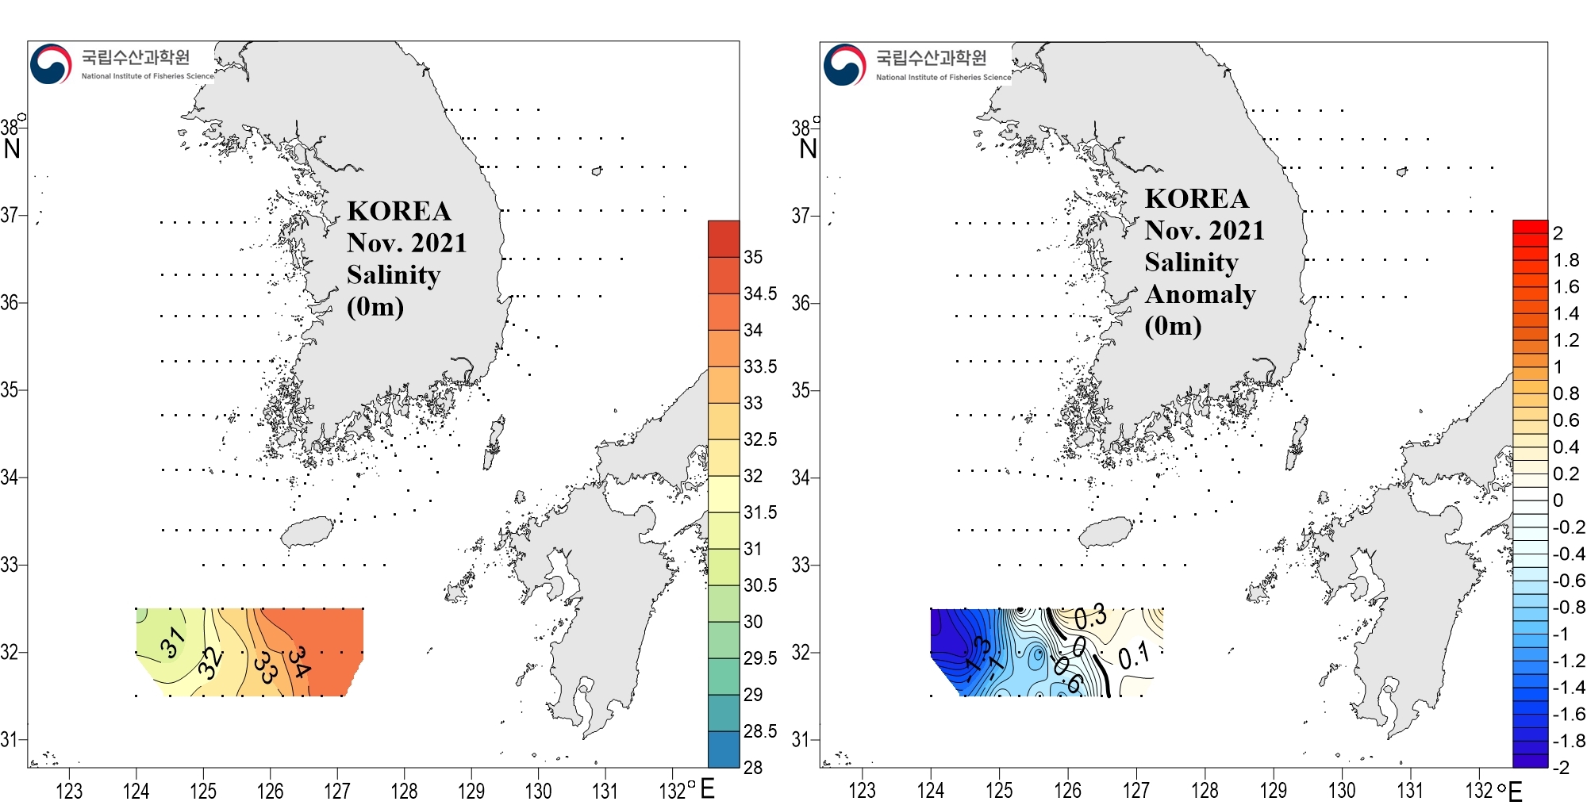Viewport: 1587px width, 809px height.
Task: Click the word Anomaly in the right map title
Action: [1200, 294]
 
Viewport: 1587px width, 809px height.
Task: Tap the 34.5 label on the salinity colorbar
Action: [760, 293]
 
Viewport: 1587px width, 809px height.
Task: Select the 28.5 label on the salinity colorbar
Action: [759, 731]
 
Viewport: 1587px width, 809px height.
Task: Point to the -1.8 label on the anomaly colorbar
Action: [1569, 741]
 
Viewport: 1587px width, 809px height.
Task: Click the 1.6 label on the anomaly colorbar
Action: [1566, 286]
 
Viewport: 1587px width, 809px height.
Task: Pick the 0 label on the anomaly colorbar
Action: [1558, 500]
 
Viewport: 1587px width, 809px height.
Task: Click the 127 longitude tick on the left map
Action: [337, 791]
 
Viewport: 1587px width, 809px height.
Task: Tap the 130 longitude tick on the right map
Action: [1342, 791]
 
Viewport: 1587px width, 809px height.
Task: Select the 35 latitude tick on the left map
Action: [10, 390]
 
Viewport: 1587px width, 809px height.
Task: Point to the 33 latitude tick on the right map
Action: [801, 566]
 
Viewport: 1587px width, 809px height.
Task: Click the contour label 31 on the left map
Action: [172, 642]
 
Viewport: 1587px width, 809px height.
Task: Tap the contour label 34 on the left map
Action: [299, 661]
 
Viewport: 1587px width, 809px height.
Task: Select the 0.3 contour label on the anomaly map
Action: [1090, 617]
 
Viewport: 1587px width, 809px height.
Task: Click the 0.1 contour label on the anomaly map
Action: [1133, 656]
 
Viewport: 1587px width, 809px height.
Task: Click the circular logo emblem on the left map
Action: [51, 64]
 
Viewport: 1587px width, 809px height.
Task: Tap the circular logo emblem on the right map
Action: [844, 65]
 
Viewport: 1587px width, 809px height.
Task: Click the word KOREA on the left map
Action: [398, 211]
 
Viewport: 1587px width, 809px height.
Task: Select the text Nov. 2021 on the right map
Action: [1204, 231]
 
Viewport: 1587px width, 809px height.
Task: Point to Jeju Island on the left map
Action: [307, 531]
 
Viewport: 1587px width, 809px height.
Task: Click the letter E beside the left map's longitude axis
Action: [708, 789]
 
